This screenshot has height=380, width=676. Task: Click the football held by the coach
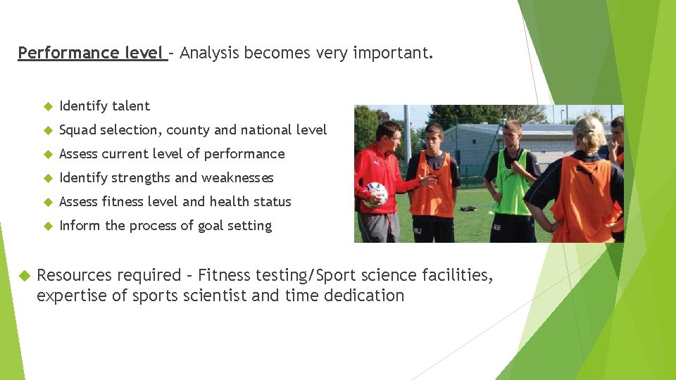pyautogui.click(x=377, y=194)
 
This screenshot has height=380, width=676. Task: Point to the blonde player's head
pyautogui.click(x=589, y=133)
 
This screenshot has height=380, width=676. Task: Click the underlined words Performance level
pyautogui.click(x=92, y=53)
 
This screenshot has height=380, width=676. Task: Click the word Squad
pyautogui.click(x=78, y=130)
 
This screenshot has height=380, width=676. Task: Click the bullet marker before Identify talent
pyautogui.click(x=48, y=107)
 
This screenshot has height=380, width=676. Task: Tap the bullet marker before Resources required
pyautogui.click(x=24, y=275)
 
